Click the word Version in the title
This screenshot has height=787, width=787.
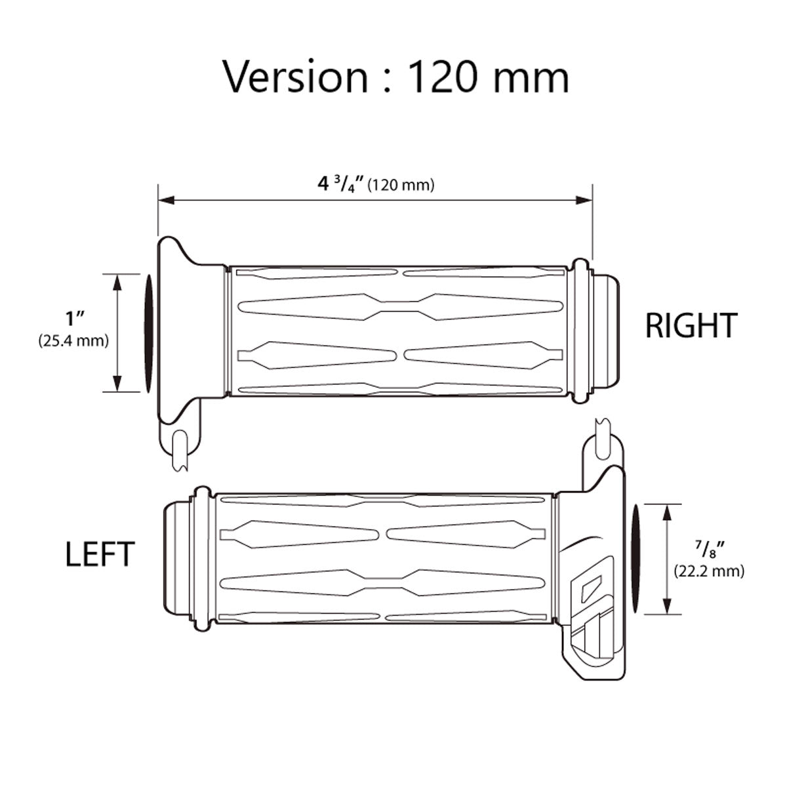[295, 77]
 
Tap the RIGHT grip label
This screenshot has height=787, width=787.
[691, 325]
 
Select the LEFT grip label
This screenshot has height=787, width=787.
[100, 554]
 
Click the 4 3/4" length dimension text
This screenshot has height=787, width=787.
[342, 184]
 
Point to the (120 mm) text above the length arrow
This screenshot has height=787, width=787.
[401, 186]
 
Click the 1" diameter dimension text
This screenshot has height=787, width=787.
[75, 319]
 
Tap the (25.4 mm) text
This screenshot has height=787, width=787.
[74, 340]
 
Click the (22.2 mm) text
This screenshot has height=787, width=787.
[709, 571]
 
